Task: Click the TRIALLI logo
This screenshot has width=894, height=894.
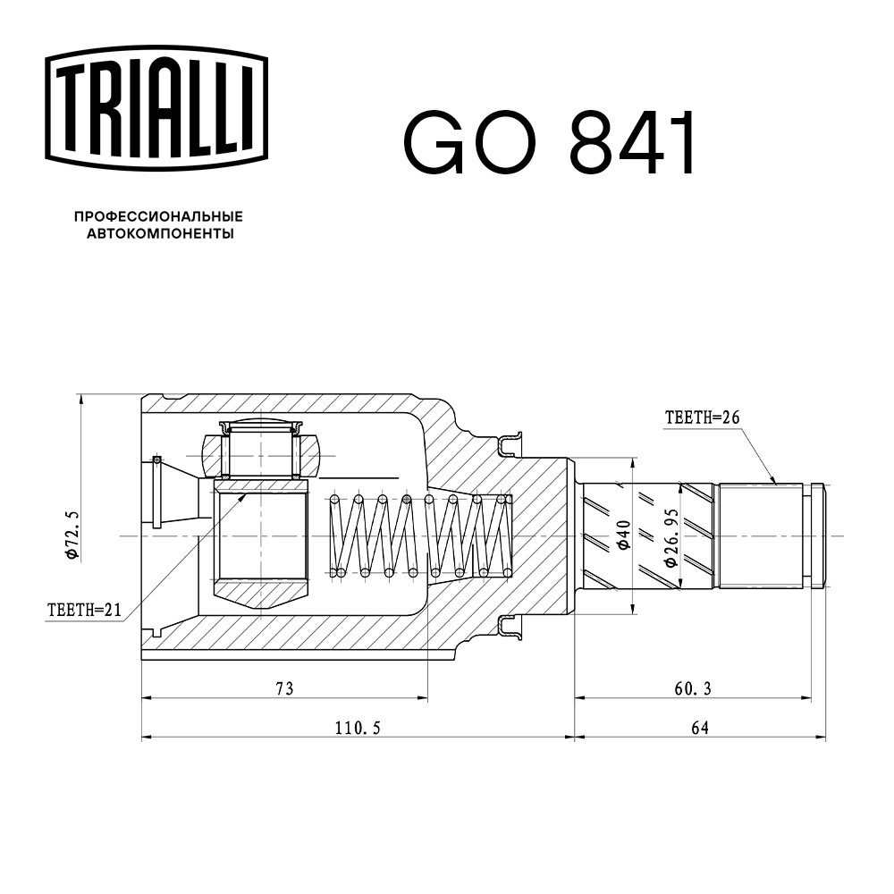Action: [x=156, y=108]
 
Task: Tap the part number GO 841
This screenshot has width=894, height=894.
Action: [x=549, y=142]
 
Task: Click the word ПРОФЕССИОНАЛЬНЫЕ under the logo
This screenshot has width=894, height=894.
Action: [x=158, y=216]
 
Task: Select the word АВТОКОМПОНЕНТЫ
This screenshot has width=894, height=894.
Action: [x=160, y=233]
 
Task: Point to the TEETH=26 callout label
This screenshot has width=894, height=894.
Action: [x=702, y=417]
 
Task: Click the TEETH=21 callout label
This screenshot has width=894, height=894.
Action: [x=84, y=610]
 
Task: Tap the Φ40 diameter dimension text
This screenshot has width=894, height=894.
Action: [x=624, y=535]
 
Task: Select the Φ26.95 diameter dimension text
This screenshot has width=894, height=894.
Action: [x=671, y=538]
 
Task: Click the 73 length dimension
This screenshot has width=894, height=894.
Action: [x=284, y=688]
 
